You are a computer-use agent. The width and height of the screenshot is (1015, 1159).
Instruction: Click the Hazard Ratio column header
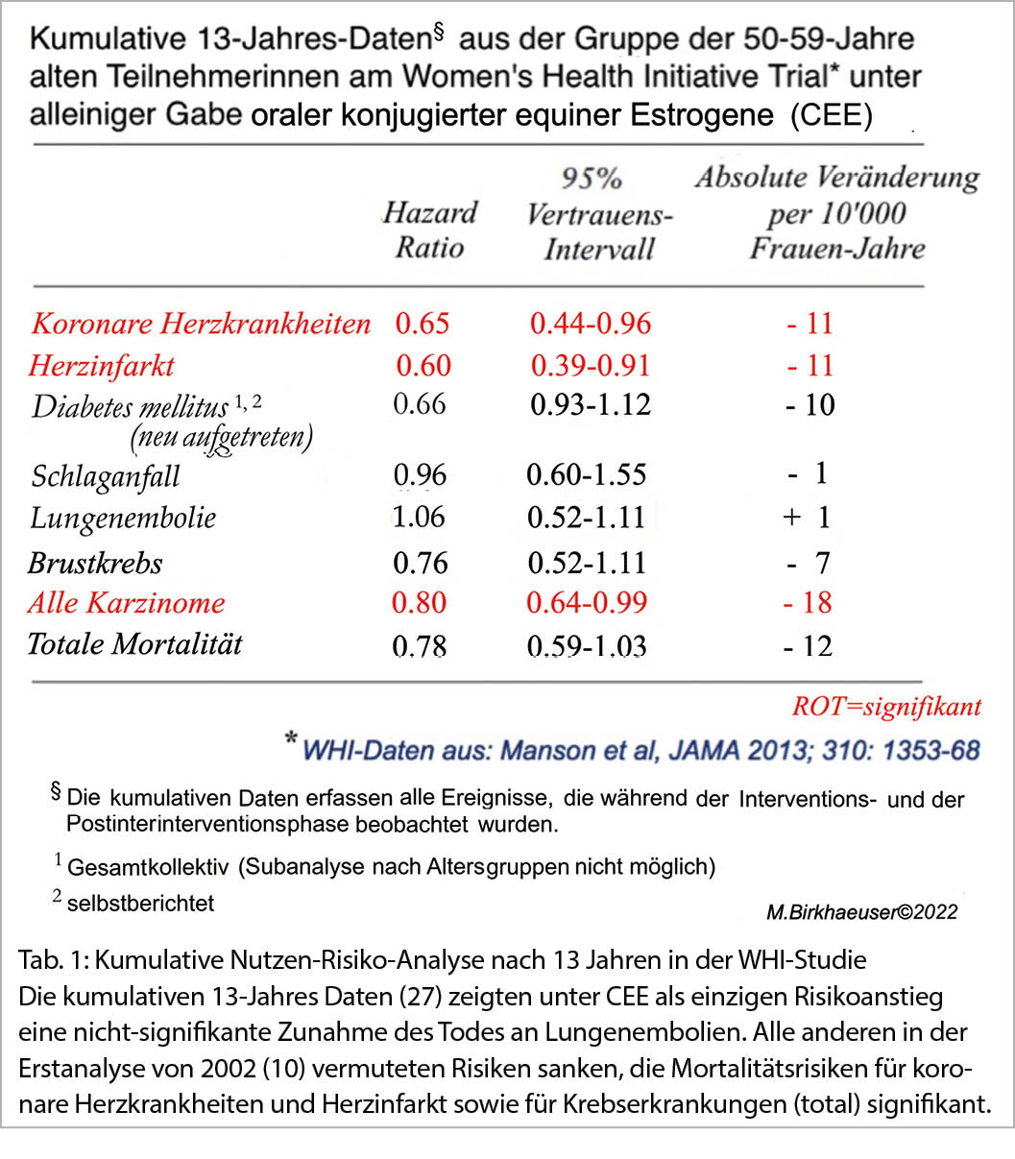(x=429, y=229)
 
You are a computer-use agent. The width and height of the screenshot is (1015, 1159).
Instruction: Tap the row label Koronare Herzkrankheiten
(x=201, y=323)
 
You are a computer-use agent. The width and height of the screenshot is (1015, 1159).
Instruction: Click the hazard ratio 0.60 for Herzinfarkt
(x=423, y=366)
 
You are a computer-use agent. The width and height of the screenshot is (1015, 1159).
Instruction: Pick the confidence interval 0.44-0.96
(x=590, y=323)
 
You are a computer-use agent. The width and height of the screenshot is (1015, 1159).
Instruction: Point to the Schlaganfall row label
(x=105, y=475)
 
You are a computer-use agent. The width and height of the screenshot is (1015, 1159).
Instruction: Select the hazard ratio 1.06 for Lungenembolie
(x=419, y=517)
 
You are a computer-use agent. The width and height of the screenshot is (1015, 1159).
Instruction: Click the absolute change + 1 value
(x=806, y=517)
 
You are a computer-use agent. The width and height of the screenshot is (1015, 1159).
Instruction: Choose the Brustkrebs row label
(x=95, y=562)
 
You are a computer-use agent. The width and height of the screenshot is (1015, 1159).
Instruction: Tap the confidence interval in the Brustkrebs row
(x=586, y=562)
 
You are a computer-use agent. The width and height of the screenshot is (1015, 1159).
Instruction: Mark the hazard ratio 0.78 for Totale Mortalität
(x=420, y=645)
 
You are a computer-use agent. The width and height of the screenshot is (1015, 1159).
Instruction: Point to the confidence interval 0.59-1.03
(x=586, y=645)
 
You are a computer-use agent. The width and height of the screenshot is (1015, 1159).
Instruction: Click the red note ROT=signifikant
(x=886, y=708)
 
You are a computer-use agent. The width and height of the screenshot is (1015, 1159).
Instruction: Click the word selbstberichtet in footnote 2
(x=140, y=903)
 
